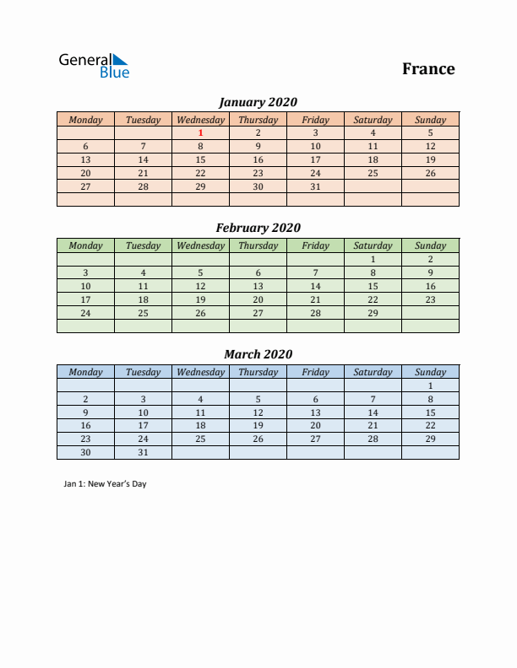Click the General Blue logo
pyautogui.click(x=93, y=66)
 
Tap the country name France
pyautogui.click(x=428, y=69)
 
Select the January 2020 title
pyautogui.click(x=258, y=102)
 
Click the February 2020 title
pyautogui.click(x=258, y=228)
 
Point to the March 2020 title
pyautogui.click(x=258, y=354)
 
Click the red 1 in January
pyautogui.click(x=201, y=132)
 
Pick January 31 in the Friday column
pyautogui.click(x=315, y=186)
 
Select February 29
pyautogui.click(x=373, y=313)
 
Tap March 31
pyautogui.click(x=144, y=453)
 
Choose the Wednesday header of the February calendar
pyautogui.click(x=200, y=245)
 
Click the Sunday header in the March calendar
pyautogui.click(x=430, y=372)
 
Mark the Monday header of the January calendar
pyautogui.click(x=85, y=120)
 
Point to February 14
pyautogui.click(x=315, y=286)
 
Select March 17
pyautogui.click(x=144, y=426)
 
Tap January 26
pyautogui.click(x=430, y=173)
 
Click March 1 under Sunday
pyautogui.click(x=430, y=385)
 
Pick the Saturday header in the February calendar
pyautogui.click(x=373, y=245)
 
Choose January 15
pyautogui.click(x=201, y=159)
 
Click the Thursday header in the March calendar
pyautogui.click(x=258, y=372)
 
